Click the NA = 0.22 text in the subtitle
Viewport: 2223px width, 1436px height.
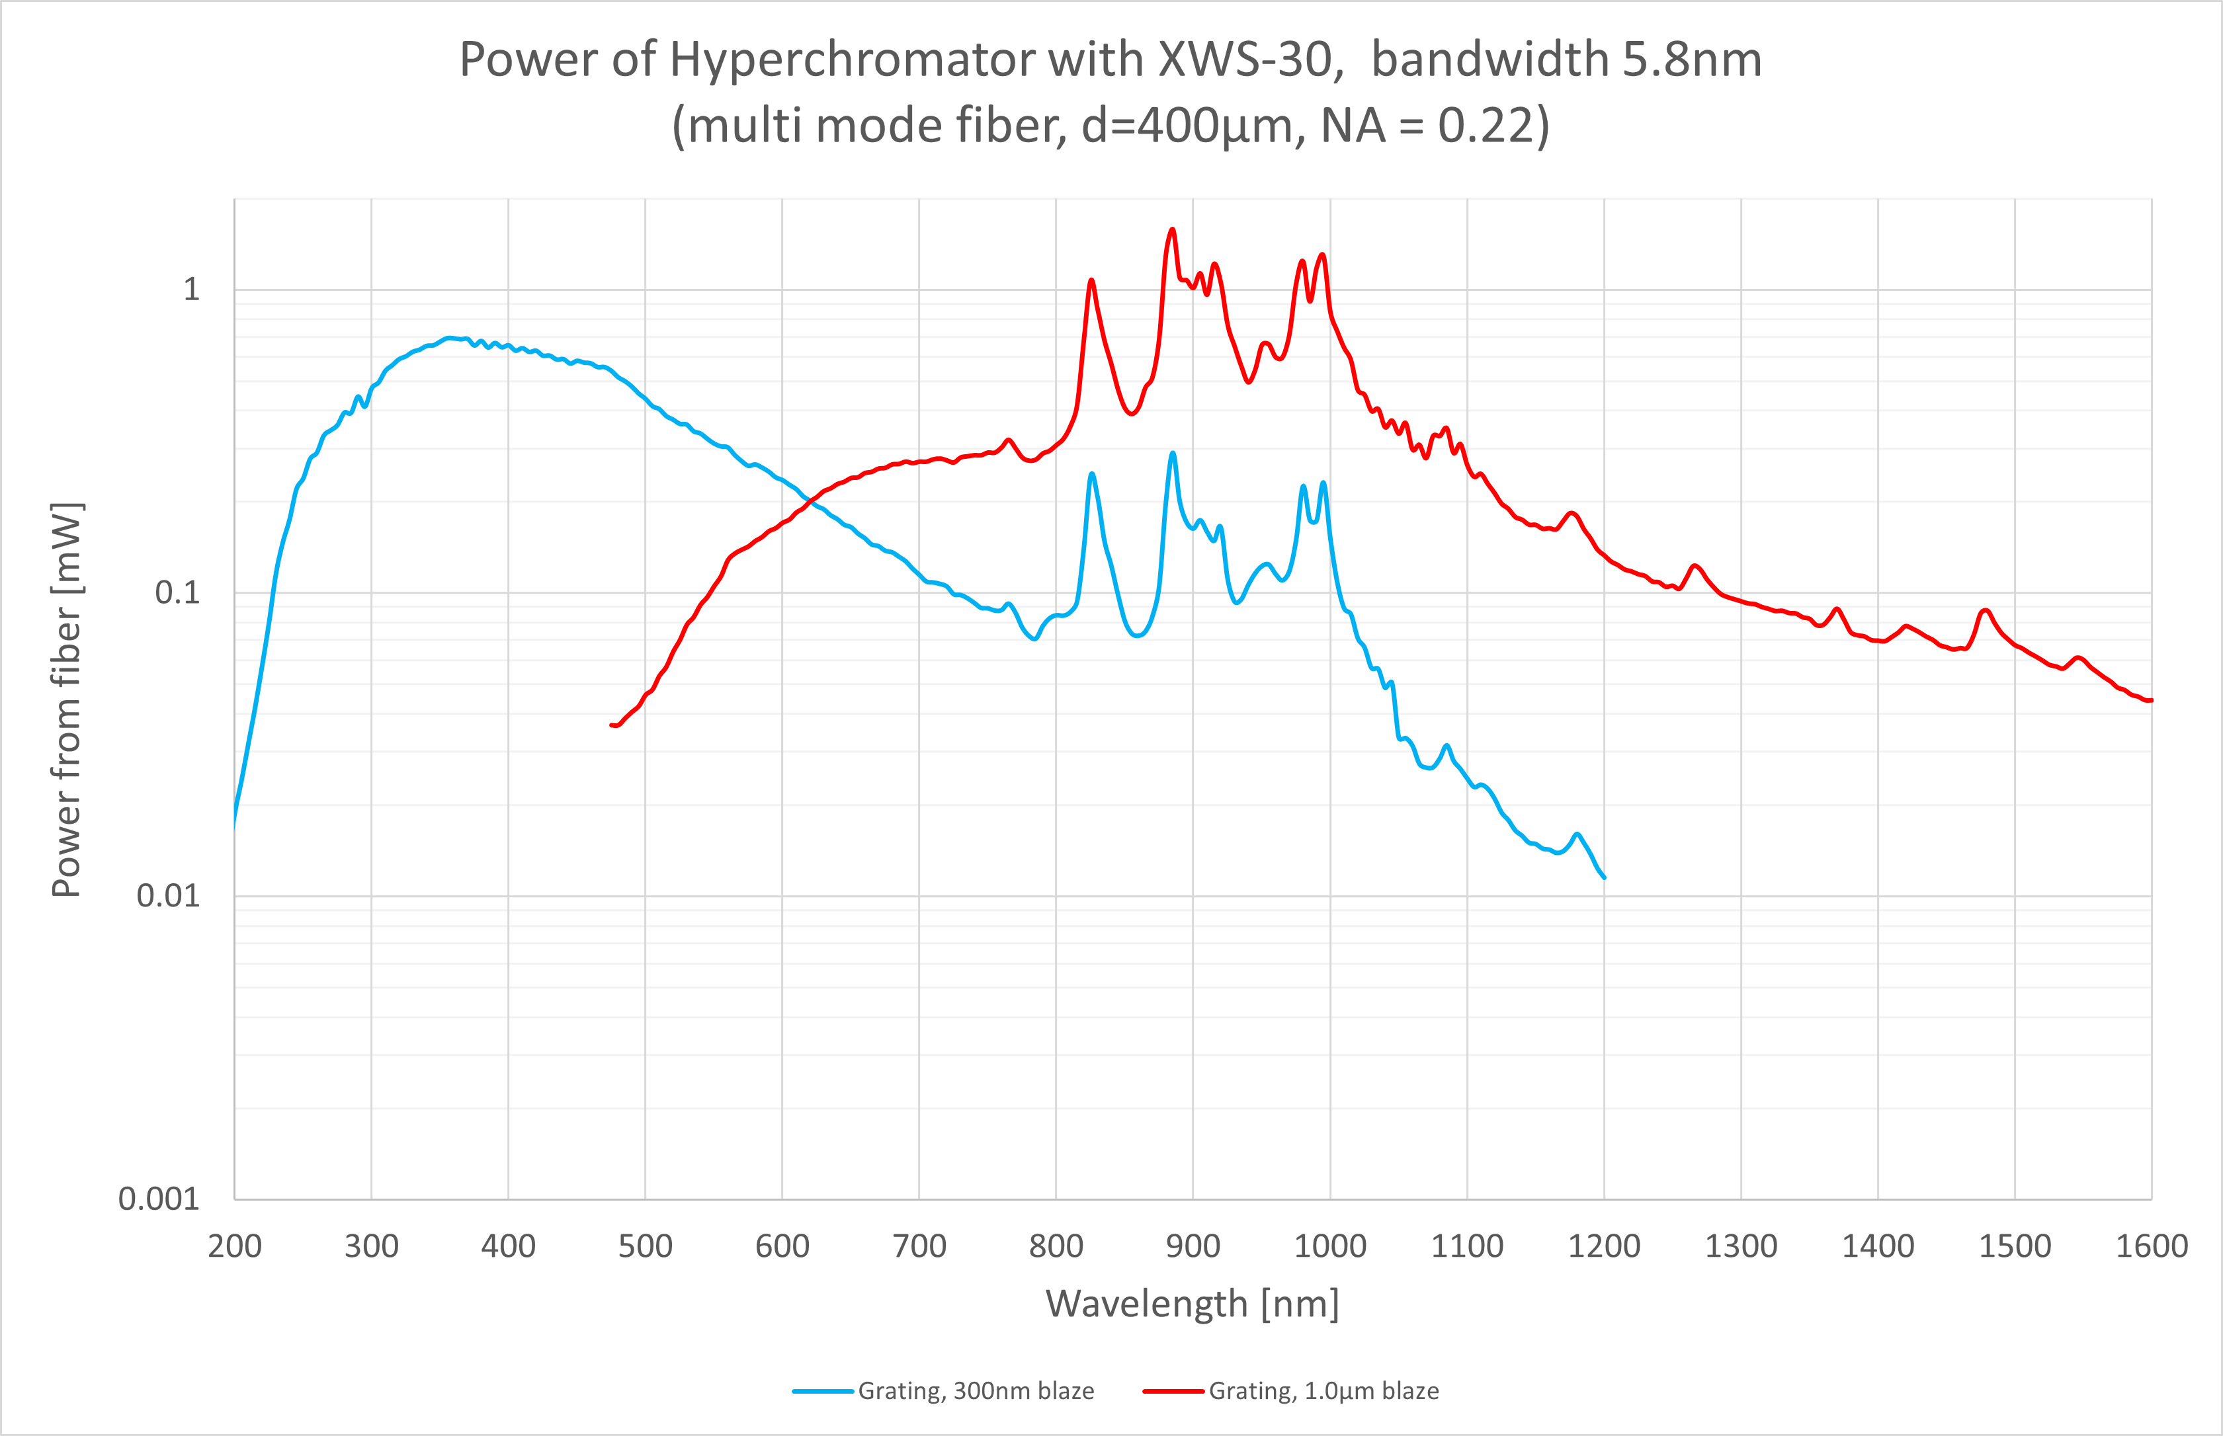tap(1427, 126)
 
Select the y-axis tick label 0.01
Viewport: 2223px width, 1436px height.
tap(168, 896)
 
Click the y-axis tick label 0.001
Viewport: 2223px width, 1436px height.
tap(159, 1199)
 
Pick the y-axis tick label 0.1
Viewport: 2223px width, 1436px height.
tap(177, 593)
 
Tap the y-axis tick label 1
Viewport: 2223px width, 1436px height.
tap(191, 290)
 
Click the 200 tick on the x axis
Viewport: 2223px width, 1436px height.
tap(234, 1247)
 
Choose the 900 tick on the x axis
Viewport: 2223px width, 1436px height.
tap(1193, 1247)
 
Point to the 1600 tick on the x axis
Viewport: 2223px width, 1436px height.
tap(2151, 1247)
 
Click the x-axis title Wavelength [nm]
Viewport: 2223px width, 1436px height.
tap(1193, 1304)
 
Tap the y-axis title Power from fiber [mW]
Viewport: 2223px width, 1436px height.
tap(67, 699)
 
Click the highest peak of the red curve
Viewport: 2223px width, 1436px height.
tap(1173, 229)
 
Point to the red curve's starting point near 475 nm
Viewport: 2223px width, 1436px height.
tap(612, 725)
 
